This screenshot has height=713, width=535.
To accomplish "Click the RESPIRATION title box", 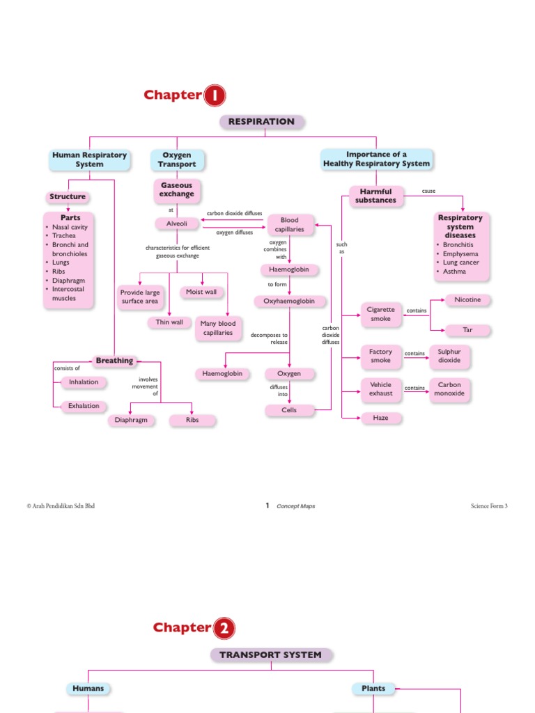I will pyautogui.click(x=262, y=122).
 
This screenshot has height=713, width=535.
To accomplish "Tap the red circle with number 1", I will pyautogui.click(x=215, y=96).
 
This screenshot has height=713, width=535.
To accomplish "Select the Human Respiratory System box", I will pyautogui.click(x=89, y=159).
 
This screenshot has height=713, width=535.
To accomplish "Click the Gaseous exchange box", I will pyautogui.click(x=177, y=189).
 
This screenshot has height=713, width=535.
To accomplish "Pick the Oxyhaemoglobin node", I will pyautogui.click(x=289, y=301).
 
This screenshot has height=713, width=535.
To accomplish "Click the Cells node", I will pyautogui.click(x=289, y=410).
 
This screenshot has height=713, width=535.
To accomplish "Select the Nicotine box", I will pyautogui.click(x=467, y=300).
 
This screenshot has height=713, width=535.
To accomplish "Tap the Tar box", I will pyautogui.click(x=467, y=330).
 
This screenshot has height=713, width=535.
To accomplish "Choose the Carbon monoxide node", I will pyautogui.click(x=449, y=389).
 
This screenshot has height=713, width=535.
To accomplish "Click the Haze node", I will pyautogui.click(x=380, y=418).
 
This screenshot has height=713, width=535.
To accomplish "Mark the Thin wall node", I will pyautogui.click(x=169, y=322).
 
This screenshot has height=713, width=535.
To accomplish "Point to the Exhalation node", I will pyautogui.click(x=84, y=406).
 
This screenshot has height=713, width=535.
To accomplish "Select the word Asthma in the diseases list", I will pyautogui.click(x=455, y=272).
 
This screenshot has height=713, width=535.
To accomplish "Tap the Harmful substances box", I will pyautogui.click(x=375, y=196).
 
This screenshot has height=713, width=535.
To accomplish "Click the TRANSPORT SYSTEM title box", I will pyautogui.click(x=271, y=655).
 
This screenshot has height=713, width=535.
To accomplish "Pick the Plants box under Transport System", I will pyautogui.click(x=373, y=689).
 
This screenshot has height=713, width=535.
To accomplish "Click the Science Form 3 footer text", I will pyautogui.click(x=489, y=506).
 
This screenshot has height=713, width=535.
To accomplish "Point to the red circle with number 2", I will pyautogui.click(x=224, y=629).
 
